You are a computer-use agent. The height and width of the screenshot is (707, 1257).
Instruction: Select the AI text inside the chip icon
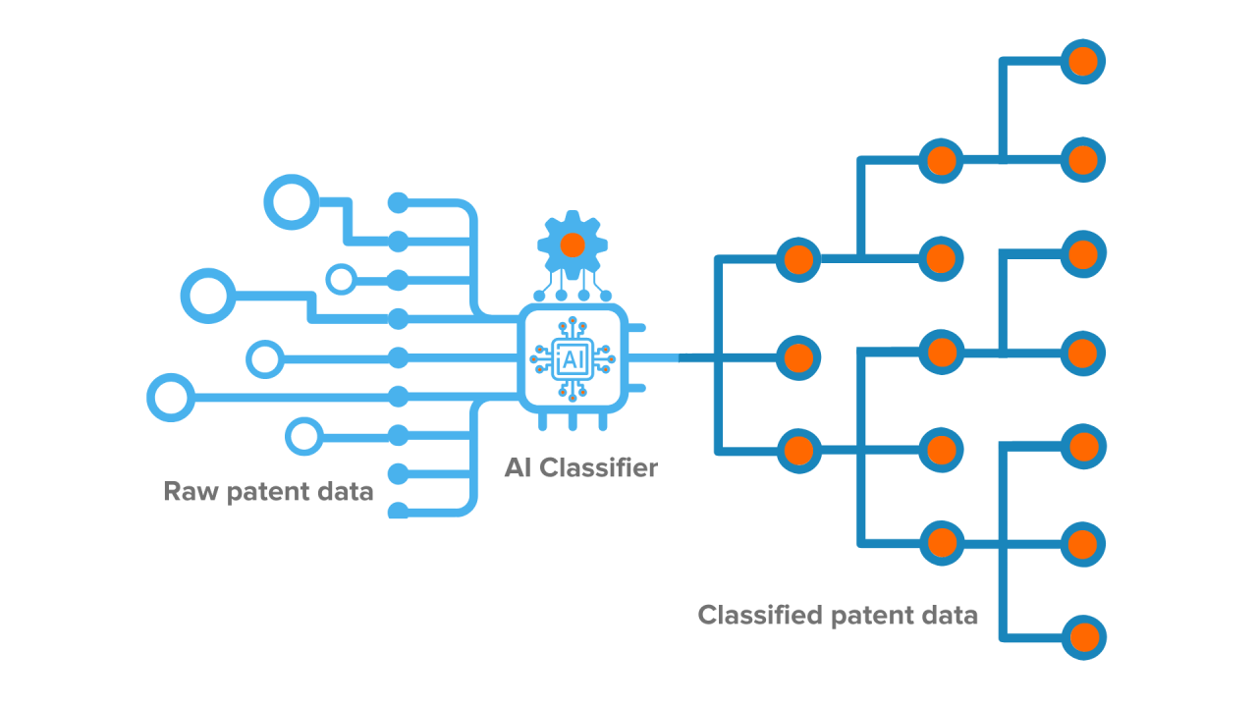pyautogui.click(x=572, y=359)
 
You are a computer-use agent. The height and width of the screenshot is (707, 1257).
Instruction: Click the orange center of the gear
pyautogui.click(x=573, y=245)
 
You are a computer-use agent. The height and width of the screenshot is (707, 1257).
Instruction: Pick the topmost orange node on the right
pyautogui.click(x=1082, y=61)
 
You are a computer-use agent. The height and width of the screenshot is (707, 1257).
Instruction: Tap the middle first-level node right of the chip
pyautogui.click(x=797, y=355)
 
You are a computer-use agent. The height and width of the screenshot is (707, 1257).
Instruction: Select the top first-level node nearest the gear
pyautogui.click(x=797, y=260)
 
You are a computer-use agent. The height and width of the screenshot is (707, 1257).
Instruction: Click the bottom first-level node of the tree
pyautogui.click(x=797, y=451)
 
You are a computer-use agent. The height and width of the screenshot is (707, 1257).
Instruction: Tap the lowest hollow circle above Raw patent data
pyautogui.click(x=302, y=434)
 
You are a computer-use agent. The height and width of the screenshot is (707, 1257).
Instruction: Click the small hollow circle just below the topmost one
pyautogui.click(x=341, y=279)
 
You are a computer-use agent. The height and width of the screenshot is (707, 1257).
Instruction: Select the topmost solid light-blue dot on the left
pyautogui.click(x=398, y=203)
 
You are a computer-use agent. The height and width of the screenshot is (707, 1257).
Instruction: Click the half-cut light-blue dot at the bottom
pyautogui.click(x=398, y=511)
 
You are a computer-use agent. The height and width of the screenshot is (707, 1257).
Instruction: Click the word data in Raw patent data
pyautogui.click(x=347, y=491)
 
